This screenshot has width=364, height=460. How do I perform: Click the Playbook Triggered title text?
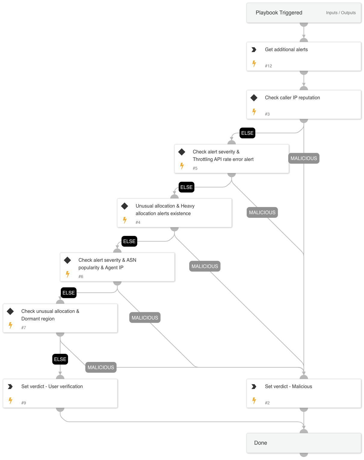click(x=279, y=13)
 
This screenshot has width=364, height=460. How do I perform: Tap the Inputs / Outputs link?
click(x=341, y=13)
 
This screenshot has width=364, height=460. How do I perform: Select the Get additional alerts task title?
click(x=286, y=50)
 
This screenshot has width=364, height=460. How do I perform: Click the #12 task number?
click(x=268, y=66)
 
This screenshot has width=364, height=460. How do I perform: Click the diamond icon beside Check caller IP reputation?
click(x=254, y=98)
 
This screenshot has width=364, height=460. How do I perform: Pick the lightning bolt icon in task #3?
click(x=254, y=112)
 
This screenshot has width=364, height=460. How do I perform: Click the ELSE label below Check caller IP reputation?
click(x=247, y=133)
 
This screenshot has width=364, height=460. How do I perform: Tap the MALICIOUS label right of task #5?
click(x=304, y=158)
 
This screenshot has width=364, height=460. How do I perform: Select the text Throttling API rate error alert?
click(x=223, y=159)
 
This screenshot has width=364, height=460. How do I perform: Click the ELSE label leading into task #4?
click(x=186, y=187)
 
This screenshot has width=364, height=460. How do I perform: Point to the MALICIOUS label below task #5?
click(x=262, y=212)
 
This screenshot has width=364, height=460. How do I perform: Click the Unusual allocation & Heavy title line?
click(x=165, y=206)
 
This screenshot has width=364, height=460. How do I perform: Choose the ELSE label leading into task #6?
click(x=129, y=241)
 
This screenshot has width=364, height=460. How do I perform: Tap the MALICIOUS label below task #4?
click(x=205, y=266)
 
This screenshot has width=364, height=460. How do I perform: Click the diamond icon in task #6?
click(x=67, y=260)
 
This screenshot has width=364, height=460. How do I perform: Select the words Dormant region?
click(x=38, y=319)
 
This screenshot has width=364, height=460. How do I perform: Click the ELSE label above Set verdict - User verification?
click(x=60, y=359)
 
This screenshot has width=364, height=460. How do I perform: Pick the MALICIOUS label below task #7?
click(x=101, y=367)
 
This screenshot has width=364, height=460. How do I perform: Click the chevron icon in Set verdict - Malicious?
click(x=254, y=387)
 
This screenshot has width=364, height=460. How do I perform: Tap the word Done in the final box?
click(x=261, y=443)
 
